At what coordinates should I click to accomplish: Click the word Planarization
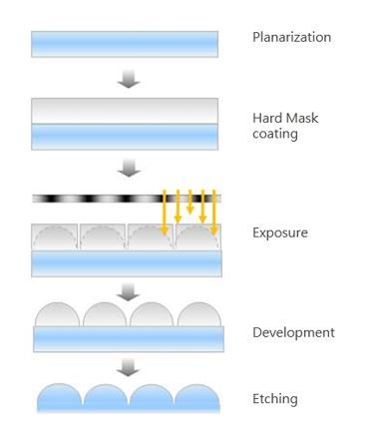click(291, 38)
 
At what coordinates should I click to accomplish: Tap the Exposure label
click(280, 232)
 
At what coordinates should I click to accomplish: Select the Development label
click(292, 332)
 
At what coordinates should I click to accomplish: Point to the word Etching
click(275, 399)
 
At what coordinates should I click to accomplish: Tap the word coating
click(275, 133)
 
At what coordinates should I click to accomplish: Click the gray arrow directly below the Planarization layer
click(127, 79)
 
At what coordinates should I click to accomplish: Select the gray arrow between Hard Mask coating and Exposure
click(127, 169)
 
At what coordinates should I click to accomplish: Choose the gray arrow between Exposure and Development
click(127, 291)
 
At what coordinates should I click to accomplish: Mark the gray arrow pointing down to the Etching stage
click(127, 367)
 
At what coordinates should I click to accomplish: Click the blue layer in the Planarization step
click(126, 44)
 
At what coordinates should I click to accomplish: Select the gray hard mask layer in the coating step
click(126, 111)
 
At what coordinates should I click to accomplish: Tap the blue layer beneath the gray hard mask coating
click(126, 136)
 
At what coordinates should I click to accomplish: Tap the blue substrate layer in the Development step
click(126, 339)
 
